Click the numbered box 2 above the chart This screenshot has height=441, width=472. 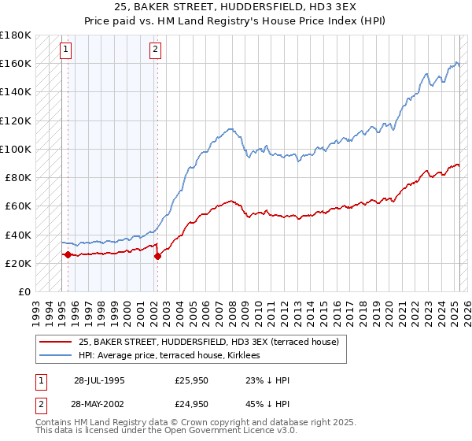(156, 50)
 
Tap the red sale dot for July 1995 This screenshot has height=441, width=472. (68, 254)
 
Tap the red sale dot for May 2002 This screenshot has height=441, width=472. (157, 256)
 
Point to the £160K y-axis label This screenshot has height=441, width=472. (15, 63)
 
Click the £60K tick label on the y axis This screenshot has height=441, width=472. (18, 206)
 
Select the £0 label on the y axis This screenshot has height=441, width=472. (24, 291)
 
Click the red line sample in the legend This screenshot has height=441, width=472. (55, 342)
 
